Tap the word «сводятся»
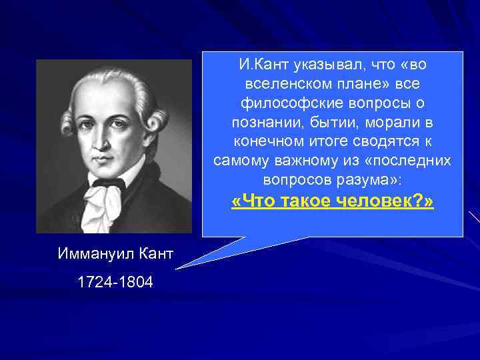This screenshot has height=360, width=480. point(376,143)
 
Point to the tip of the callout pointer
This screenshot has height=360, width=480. point(177,269)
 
